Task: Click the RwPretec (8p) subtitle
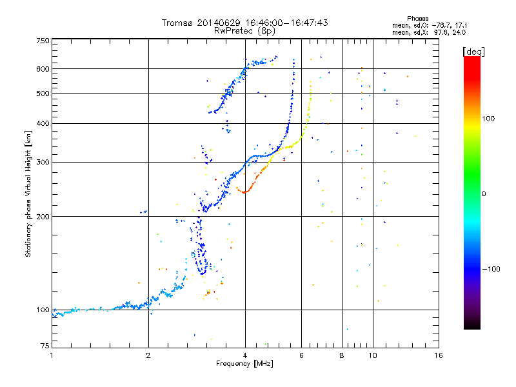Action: (x=244, y=31)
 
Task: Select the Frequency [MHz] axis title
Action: (x=244, y=364)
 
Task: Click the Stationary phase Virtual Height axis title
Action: (x=28, y=193)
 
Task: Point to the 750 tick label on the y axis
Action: (x=43, y=41)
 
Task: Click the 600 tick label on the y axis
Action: (x=43, y=69)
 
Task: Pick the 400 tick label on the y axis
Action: (x=43, y=123)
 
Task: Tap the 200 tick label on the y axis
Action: (x=43, y=216)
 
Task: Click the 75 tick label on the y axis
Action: (x=45, y=346)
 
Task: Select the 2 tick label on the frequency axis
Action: (x=148, y=355)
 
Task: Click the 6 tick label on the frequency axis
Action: (x=301, y=355)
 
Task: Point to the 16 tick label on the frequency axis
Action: (x=439, y=355)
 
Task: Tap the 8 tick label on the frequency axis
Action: (x=342, y=355)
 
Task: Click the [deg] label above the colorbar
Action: (x=473, y=52)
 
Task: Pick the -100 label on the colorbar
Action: (x=491, y=269)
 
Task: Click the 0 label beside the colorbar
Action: (x=484, y=193)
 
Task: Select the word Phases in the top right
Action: (x=417, y=19)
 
